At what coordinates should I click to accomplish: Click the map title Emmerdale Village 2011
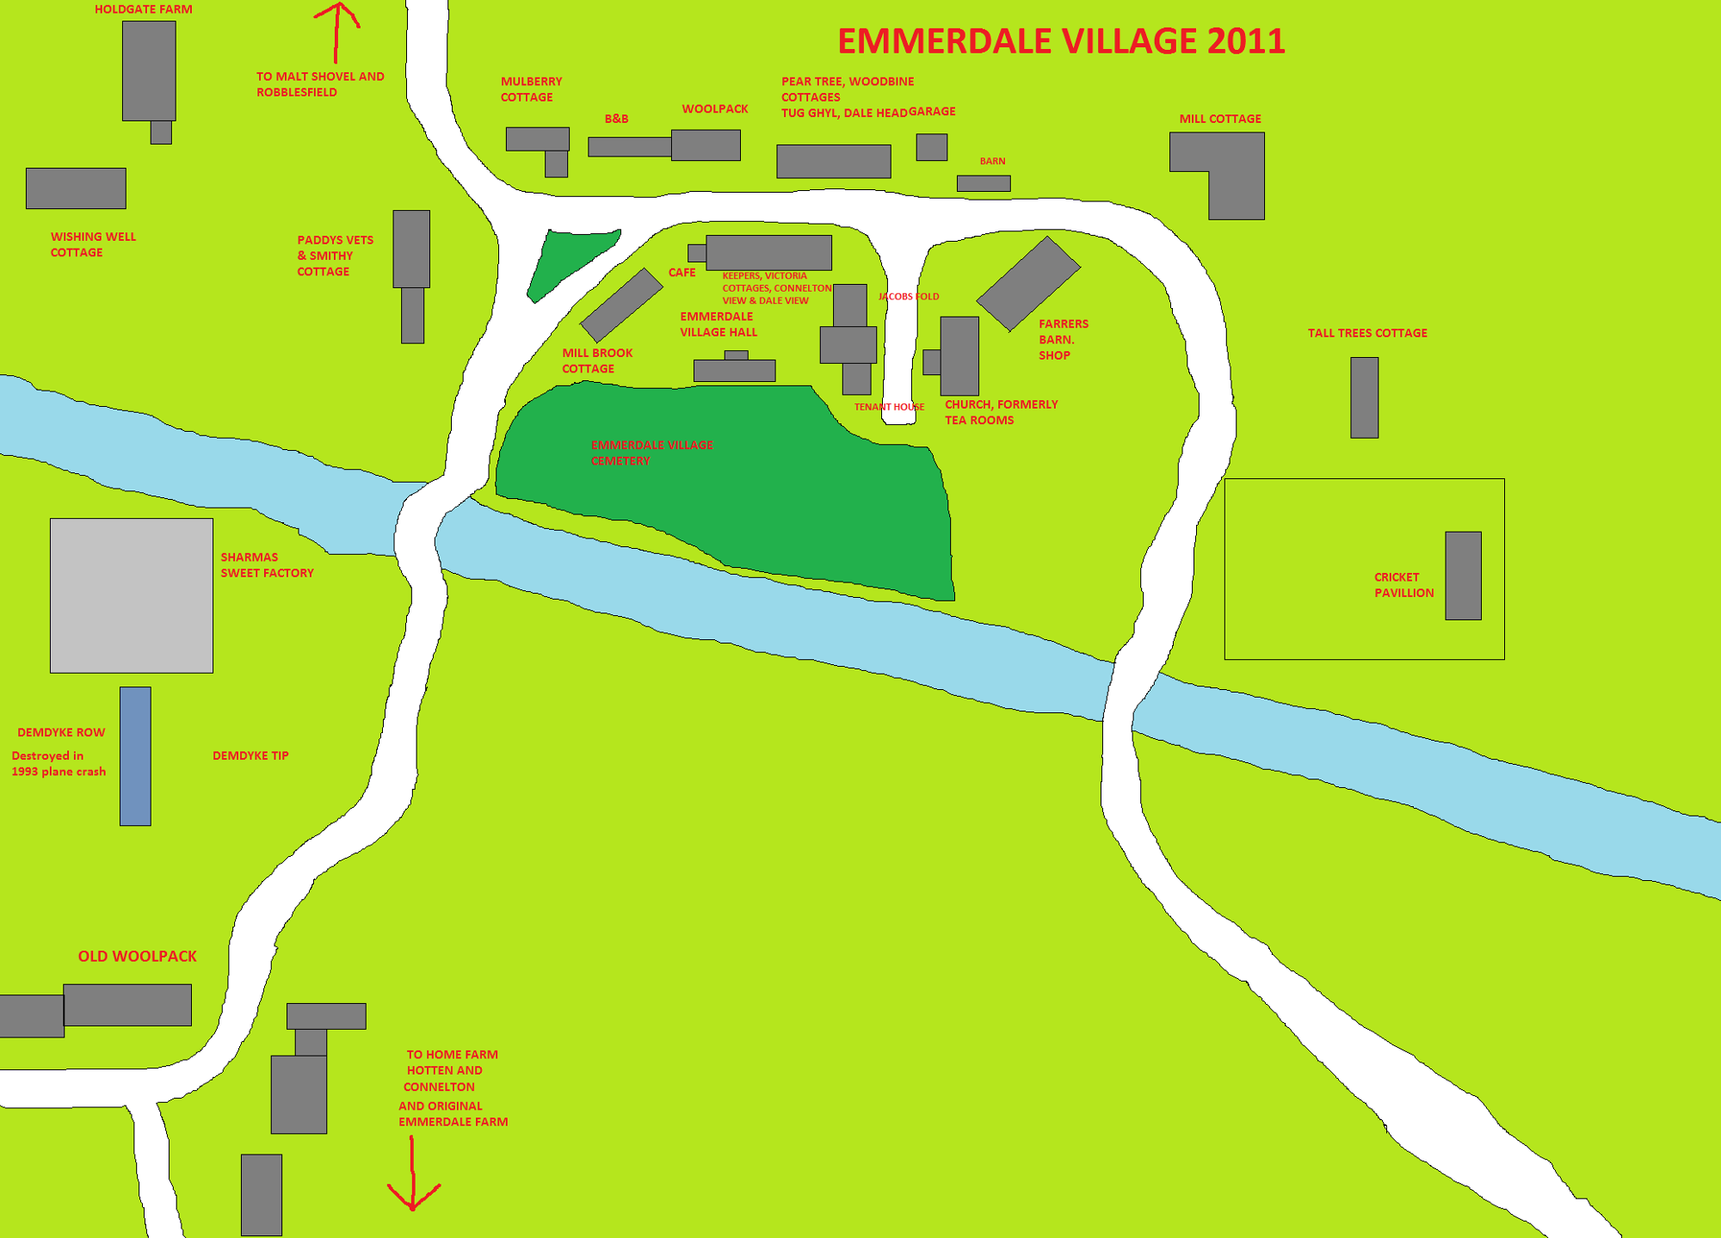click(x=1061, y=41)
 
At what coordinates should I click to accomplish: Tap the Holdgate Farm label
click(x=143, y=9)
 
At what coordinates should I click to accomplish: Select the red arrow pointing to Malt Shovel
click(x=337, y=30)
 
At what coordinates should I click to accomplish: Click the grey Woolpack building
click(x=706, y=145)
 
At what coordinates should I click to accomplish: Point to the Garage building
click(x=931, y=147)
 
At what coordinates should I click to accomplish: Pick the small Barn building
click(x=984, y=183)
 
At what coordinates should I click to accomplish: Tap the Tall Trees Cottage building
click(x=1364, y=397)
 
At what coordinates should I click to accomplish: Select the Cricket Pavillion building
click(x=1463, y=576)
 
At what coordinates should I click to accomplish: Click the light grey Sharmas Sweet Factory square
click(x=131, y=595)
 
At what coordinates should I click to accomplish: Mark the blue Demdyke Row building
click(x=135, y=755)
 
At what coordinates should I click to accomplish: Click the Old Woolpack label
click(x=138, y=957)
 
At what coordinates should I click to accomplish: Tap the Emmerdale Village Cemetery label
click(x=651, y=453)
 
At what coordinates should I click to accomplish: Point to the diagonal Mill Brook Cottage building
click(x=621, y=305)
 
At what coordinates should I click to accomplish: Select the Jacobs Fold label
click(x=909, y=297)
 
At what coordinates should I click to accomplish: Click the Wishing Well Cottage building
click(x=76, y=188)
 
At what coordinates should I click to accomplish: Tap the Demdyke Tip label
click(x=250, y=755)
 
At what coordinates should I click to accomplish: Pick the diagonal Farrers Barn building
click(x=1027, y=283)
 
